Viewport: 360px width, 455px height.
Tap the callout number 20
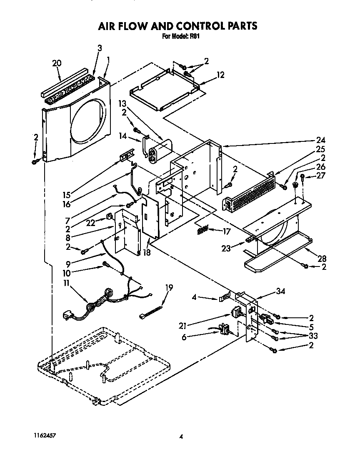click(x=57, y=63)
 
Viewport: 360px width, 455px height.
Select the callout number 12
click(x=220, y=75)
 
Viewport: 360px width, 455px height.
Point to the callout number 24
click(x=321, y=140)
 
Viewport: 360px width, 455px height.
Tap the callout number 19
click(x=169, y=287)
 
